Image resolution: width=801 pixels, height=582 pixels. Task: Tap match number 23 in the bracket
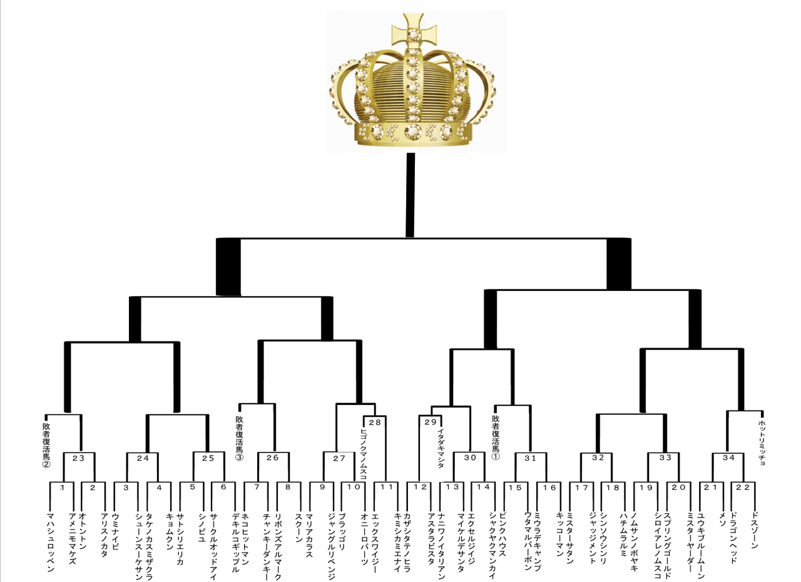78,458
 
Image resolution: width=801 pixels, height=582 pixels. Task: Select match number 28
375,422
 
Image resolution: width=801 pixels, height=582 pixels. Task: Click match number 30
470,458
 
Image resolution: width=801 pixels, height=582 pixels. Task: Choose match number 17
582,488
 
